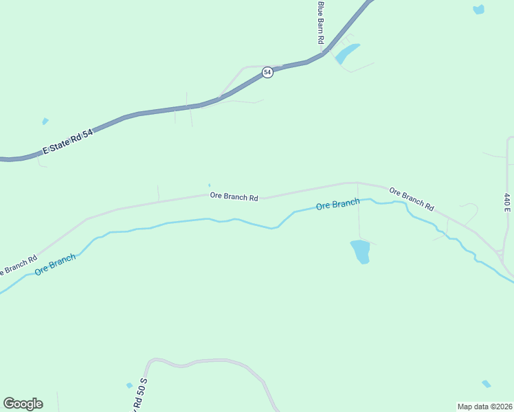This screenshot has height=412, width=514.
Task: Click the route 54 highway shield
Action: pos(268,72)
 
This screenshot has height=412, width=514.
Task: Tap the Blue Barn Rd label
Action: pos(320,23)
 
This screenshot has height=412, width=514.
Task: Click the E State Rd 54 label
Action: pos(67,140)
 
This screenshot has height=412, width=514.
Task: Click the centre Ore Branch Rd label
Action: pos(234,196)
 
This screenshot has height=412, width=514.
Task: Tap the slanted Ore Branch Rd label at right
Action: pos(412,198)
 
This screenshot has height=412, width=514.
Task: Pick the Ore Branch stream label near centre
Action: pos(337,205)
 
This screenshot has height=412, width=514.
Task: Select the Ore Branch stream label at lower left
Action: pos(55,264)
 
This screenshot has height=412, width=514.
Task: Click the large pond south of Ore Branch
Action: pos(360,251)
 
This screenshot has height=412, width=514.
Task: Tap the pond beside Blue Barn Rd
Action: pos(348,53)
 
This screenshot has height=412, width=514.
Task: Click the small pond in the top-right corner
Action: pos(478,9)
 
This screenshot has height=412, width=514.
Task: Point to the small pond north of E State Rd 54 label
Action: pos(45,122)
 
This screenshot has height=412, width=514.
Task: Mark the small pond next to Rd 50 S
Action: pos(128,385)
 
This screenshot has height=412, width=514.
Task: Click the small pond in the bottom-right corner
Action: pos(487,384)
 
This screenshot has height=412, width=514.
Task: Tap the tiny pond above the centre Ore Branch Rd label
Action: pos(209,185)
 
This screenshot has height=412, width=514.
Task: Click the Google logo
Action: pos(23,404)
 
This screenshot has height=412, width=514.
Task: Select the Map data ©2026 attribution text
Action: pos(484,406)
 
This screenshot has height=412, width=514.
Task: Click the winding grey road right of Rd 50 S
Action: pos(206,361)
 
